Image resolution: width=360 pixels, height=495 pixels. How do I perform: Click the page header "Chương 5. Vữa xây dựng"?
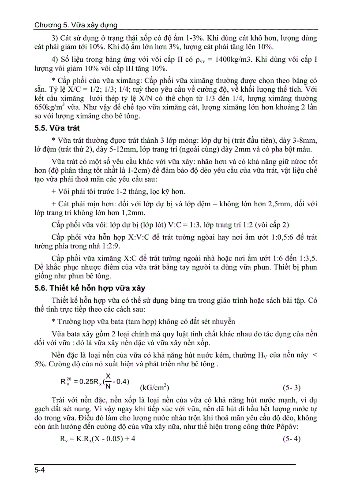point(75,25)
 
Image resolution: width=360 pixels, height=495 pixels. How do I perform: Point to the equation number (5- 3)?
point(291,388)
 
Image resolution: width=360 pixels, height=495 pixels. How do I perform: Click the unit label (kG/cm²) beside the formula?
point(154,388)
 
